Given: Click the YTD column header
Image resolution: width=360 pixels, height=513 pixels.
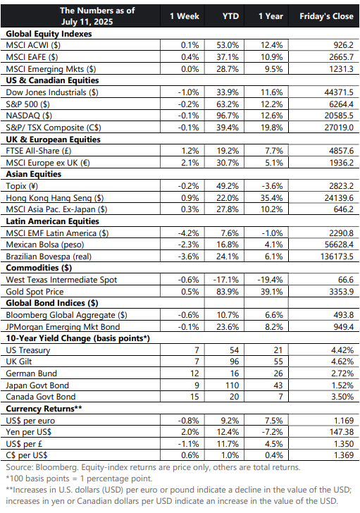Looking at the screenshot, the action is (230, 16).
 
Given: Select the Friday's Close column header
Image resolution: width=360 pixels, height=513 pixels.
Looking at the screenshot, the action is (326, 16).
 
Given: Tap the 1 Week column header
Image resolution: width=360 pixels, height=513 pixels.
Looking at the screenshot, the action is (185, 16).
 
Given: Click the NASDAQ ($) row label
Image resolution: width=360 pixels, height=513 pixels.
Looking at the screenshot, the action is (29, 116).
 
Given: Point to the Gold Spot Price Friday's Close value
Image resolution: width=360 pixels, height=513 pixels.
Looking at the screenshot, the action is (341, 292).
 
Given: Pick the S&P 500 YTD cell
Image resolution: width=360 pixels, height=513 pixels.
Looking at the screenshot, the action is (228, 104).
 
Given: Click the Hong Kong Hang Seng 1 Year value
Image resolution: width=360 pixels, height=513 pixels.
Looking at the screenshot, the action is (272, 198).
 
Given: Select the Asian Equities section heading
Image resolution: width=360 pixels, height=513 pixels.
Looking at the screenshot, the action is (33, 174).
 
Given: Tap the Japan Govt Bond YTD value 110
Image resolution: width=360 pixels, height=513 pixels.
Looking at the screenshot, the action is (232, 385).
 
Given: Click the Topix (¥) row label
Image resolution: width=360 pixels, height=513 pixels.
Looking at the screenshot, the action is (22, 186).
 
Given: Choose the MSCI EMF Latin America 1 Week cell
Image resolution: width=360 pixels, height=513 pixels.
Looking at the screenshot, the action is (188, 233).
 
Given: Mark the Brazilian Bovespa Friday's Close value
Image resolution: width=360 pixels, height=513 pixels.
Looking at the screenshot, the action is (337, 256).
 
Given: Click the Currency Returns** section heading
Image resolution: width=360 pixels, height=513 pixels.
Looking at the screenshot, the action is (44, 409).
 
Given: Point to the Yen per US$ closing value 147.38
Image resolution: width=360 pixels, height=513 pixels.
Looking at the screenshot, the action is (342, 432).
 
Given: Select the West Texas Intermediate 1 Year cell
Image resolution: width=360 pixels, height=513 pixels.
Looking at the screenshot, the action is (270, 280).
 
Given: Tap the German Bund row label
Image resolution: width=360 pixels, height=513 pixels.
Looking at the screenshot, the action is (32, 373).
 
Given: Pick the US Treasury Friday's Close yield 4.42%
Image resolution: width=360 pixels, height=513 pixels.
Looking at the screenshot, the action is (342, 350).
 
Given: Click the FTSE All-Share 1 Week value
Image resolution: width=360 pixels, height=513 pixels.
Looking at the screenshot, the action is (190, 151).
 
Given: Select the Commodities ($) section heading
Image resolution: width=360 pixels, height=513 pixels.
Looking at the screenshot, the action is (39, 268).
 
